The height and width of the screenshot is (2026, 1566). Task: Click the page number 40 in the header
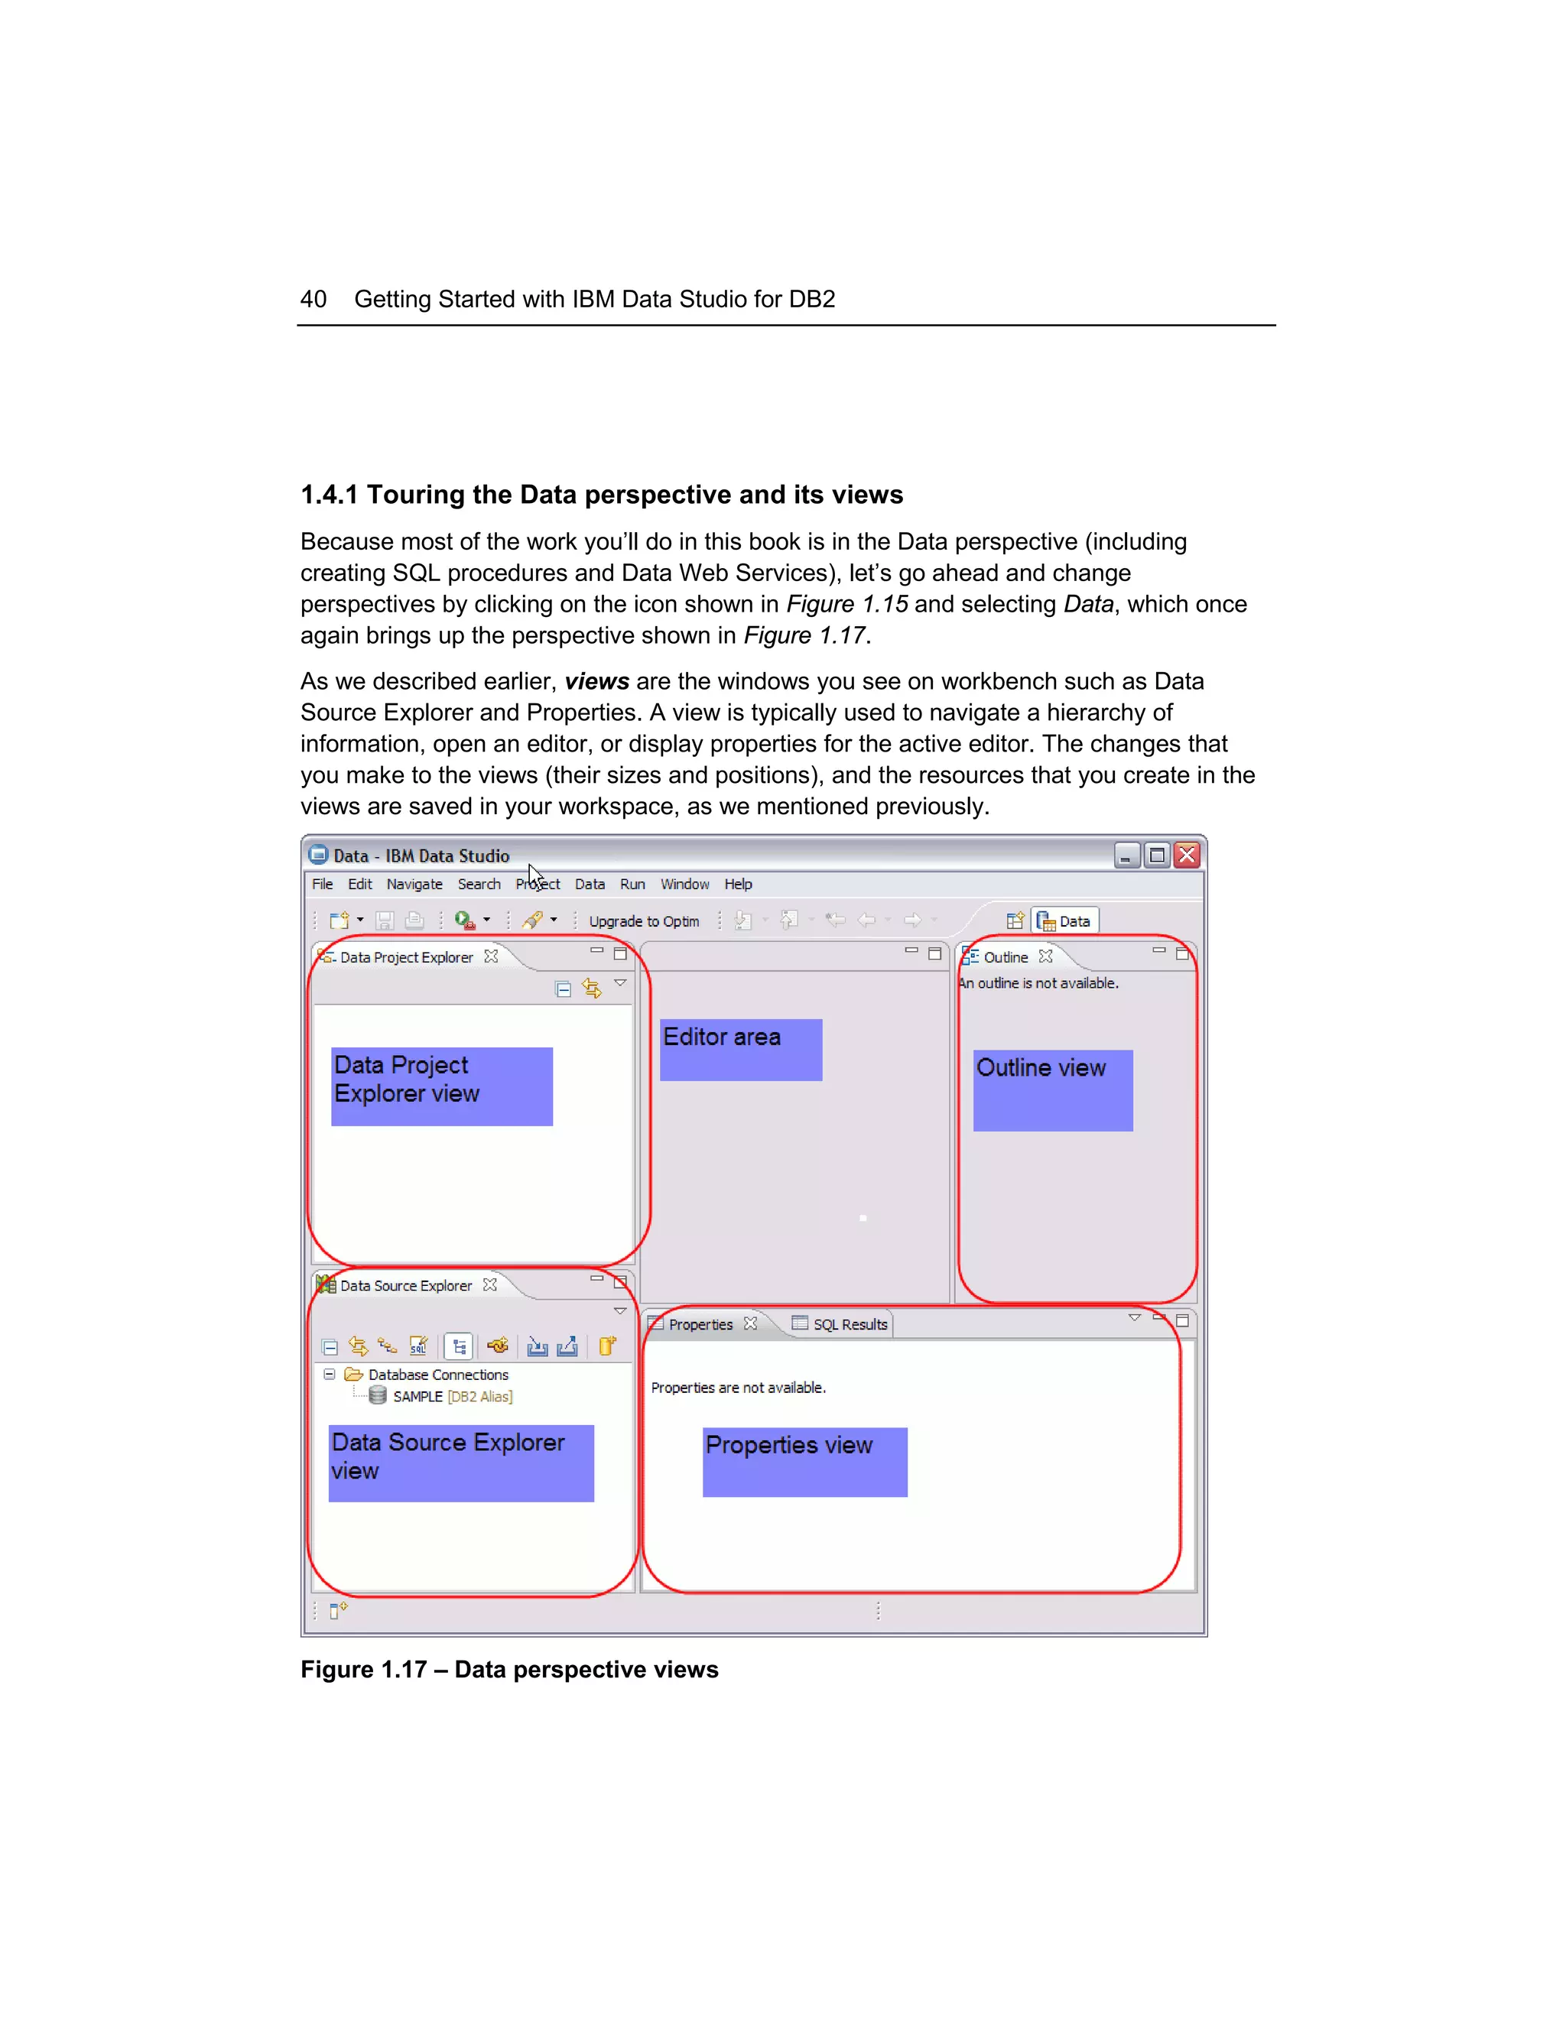tap(313, 299)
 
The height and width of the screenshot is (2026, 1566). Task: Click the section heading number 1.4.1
tap(330, 495)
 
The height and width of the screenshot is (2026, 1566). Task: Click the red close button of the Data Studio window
tap(1186, 855)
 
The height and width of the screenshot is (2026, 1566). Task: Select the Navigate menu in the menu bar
tap(414, 884)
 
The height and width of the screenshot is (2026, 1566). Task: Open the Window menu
tap(684, 884)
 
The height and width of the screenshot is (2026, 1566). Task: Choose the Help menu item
tap(738, 884)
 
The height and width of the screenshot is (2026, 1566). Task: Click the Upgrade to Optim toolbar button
tap(643, 921)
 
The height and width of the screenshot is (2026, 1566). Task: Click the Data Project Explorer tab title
tap(405, 957)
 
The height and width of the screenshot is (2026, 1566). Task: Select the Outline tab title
tap(1005, 957)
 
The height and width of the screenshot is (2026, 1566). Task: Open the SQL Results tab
tap(849, 1325)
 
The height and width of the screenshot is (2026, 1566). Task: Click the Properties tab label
tap(700, 1325)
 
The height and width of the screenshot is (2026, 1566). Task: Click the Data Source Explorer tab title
tap(405, 1286)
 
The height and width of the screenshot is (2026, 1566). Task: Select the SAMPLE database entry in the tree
tap(417, 1396)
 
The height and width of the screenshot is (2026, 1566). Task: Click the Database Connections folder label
tap(438, 1375)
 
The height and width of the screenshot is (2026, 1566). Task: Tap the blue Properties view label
tap(804, 1461)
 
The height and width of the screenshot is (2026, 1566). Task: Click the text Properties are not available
tap(738, 1388)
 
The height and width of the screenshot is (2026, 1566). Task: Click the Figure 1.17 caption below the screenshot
tap(509, 1670)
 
